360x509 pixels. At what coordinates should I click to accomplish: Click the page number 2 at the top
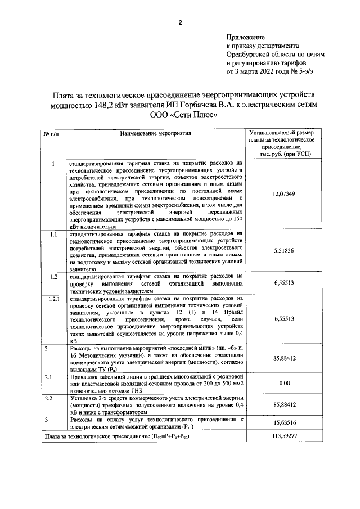pyautogui.click(x=179, y=23)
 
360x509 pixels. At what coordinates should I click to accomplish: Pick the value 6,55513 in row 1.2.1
pyautogui.click(x=284, y=319)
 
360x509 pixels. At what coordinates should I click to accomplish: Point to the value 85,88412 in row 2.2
pyautogui.click(x=284, y=404)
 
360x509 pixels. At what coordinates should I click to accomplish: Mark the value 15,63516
pyautogui.click(x=284, y=423)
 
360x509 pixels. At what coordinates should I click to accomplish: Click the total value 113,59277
pyautogui.click(x=284, y=436)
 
